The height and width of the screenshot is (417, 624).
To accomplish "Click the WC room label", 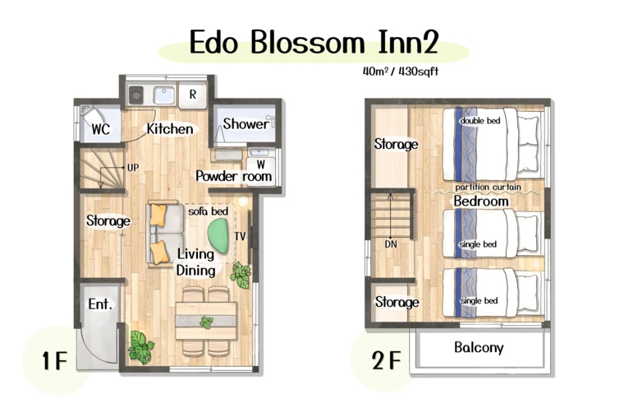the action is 100,129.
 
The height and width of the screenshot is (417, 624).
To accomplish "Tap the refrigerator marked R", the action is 193,95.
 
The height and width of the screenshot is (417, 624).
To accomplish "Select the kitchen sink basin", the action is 164,95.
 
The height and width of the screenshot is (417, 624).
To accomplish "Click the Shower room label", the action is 245,124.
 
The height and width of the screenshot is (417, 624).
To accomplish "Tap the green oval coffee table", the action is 219,236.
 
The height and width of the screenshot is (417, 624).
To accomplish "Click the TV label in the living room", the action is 240,237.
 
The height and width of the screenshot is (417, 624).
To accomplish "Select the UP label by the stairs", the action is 133,168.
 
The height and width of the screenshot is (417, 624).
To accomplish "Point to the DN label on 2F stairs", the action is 391,244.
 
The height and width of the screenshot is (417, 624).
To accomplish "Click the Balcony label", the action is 479,348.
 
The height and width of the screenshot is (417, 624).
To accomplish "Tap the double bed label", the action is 480,121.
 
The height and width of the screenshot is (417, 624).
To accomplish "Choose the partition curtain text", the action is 488,187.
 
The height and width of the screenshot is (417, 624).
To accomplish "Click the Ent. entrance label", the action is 100,304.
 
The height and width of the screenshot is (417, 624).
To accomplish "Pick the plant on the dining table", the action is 206,322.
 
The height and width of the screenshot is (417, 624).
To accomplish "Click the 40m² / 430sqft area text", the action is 401,72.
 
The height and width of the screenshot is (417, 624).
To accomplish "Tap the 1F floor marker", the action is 55,361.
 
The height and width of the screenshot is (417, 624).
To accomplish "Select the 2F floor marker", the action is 387,360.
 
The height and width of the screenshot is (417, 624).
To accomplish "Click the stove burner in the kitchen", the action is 136,95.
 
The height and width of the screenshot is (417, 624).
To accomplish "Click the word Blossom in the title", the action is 307,42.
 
